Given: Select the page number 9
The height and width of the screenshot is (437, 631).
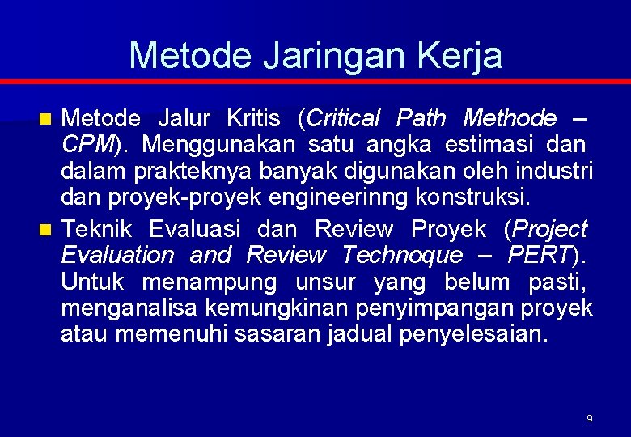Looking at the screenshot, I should pos(589,418).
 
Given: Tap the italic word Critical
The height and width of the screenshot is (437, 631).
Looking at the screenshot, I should pos(342,119).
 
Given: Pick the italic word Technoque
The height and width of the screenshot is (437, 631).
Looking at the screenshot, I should pos(402,256).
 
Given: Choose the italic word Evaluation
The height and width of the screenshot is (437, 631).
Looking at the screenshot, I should pos(117,256).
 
